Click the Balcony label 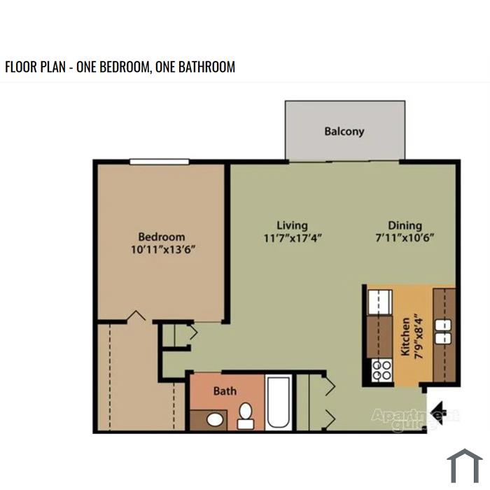click(x=344, y=132)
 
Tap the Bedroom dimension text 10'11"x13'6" click(x=163, y=250)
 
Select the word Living click(x=292, y=225)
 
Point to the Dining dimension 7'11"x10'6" click(x=405, y=238)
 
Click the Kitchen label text click(x=405, y=337)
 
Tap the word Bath click(x=225, y=391)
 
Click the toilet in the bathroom click(x=246, y=416)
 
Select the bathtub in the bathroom click(x=279, y=402)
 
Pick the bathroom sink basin click(x=215, y=420)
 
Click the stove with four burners click(x=381, y=370)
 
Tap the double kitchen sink click(x=443, y=332)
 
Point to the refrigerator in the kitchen click(x=380, y=302)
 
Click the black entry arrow click(x=438, y=412)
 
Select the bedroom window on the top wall click(x=160, y=162)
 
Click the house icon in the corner click(x=465, y=466)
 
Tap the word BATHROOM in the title click(x=206, y=67)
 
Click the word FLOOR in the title click(x=20, y=67)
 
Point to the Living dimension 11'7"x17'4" click(x=293, y=239)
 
